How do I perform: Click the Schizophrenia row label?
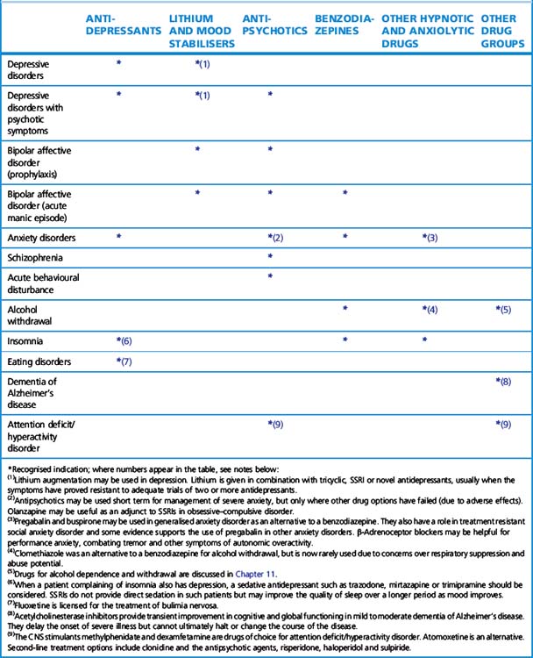coord(39,257)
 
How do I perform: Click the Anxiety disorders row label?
coord(41,238)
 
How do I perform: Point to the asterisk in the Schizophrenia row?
coord(271,257)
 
